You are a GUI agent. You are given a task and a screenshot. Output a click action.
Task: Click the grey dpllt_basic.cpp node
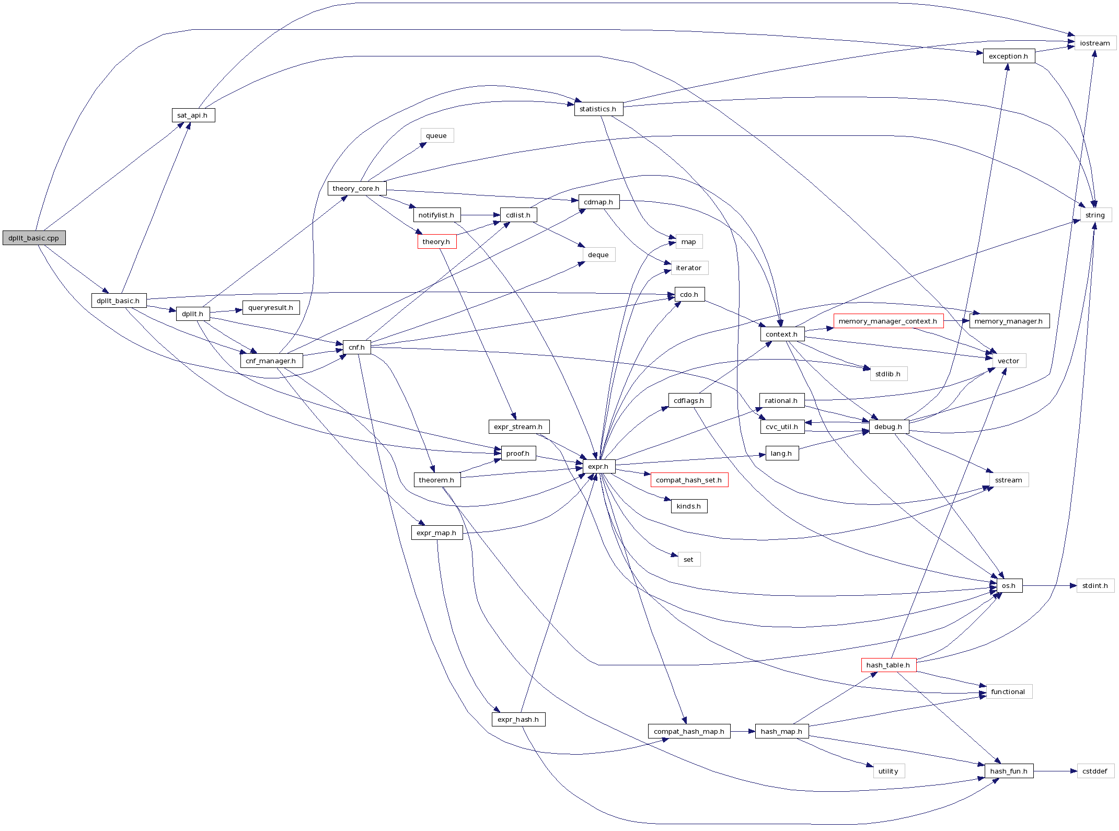pos(34,238)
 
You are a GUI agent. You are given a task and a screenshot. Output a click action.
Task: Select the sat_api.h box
pos(193,115)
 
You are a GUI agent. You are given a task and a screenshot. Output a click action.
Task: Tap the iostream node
pos(1095,43)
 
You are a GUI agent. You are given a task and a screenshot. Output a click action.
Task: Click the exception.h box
pos(1008,56)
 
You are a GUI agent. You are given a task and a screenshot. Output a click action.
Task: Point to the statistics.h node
pos(598,109)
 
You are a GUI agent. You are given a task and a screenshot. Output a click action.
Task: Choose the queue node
pos(436,135)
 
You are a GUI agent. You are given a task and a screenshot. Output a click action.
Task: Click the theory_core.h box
pos(356,188)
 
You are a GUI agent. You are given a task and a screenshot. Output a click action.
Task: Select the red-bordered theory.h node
pos(436,241)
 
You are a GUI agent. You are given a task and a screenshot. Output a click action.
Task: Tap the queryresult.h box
pos(271,307)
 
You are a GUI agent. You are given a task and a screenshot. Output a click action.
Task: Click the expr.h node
pos(598,466)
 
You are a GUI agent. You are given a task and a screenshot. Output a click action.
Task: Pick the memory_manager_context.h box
pos(888,321)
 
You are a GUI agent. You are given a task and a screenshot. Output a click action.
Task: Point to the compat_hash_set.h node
pos(689,480)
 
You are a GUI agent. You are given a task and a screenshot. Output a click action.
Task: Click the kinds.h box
pos(689,506)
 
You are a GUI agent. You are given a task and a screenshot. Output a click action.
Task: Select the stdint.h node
pos(1095,585)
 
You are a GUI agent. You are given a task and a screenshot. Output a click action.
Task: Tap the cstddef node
pos(1095,771)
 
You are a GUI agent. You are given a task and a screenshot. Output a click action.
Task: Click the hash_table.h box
pos(888,665)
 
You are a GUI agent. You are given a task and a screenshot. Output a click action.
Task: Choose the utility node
pos(888,771)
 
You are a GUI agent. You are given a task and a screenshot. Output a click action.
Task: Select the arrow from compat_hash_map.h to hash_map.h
pos(743,731)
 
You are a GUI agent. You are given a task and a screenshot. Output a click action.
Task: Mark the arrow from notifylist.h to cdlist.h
pos(480,215)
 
